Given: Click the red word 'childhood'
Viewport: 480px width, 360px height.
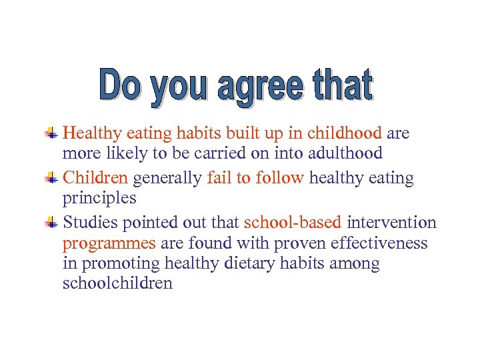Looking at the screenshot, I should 344,133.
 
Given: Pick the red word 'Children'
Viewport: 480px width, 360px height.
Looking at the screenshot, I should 95,178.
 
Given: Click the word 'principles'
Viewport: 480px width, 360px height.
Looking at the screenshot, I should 99,198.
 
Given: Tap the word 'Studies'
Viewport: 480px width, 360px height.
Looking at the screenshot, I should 88,223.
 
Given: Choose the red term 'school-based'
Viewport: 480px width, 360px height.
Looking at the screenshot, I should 293,223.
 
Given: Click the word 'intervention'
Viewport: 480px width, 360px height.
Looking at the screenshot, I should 391,223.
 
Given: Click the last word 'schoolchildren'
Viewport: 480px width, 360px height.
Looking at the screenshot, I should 117,283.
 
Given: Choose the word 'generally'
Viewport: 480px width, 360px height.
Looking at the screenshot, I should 167,179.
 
